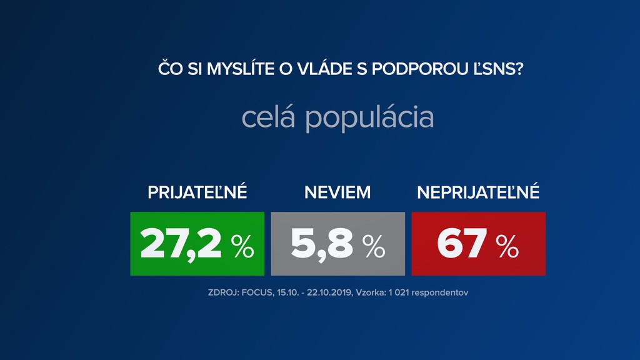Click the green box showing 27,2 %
pyautogui.click(x=197, y=244)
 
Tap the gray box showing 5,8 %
pyautogui.click(x=337, y=244)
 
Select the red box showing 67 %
pyautogui.click(x=478, y=244)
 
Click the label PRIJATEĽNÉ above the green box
pyautogui.click(x=197, y=192)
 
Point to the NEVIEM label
pyautogui.click(x=337, y=192)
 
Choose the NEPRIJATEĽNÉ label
pyautogui.click(x=478, y=192)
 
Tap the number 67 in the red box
pyautogui.click(x=462, y=244)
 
